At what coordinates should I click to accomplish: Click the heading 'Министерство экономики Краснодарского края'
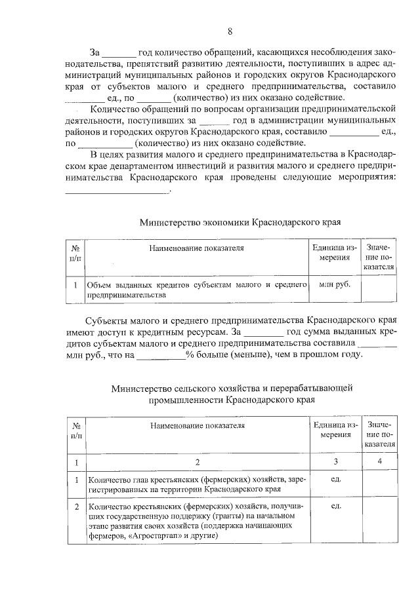click(240, 221)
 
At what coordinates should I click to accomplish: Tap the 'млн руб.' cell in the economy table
click(334, 285)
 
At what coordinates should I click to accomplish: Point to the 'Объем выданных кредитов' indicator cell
click(198, 290)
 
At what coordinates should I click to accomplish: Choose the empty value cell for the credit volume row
click(379, 290)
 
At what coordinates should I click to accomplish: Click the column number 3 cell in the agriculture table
click(334, 463)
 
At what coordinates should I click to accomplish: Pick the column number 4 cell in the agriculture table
click(379, 463)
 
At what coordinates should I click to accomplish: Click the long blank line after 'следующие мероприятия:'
click(117, 191)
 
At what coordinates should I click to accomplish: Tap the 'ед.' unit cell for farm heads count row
click(334, 479)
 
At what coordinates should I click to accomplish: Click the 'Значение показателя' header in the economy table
click(379, 258)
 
